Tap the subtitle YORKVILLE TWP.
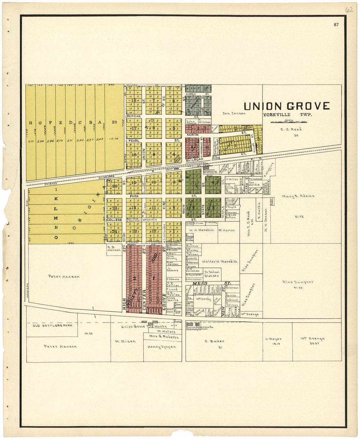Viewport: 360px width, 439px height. (x=287, y=115)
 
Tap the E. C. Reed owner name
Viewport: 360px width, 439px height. (x=291, y=129)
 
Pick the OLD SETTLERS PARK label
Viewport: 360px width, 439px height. (x=52, y=325)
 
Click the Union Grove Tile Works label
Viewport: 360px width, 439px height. (x=144, y=326)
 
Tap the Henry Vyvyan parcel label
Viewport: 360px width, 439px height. (x=162, y=347)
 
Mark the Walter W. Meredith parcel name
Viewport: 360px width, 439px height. (x=219, y=262)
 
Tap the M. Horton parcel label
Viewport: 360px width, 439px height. (x=227, y=230)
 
